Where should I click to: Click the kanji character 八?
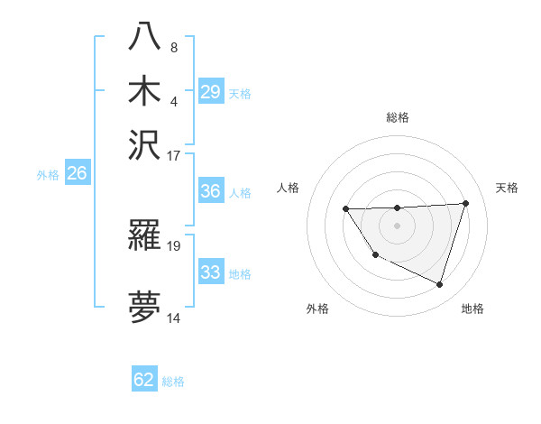(x=145, y=38)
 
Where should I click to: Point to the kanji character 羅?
(x=145, y=237)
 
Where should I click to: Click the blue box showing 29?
(x=211, y=92)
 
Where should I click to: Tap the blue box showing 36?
(x=211, y=191)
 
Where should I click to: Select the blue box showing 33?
(x=211, y=272)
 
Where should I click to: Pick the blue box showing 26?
(x=77, y=173)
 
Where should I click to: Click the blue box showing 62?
(x=144, y=380)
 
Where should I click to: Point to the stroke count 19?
(x=175, y=245)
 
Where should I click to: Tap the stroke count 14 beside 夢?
(x=175, y=318)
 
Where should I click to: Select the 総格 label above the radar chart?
(x=397, y=117)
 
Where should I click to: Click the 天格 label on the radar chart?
(x=507, y=188)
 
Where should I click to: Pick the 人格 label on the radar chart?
(x=289, y=188)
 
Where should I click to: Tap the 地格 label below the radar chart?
(x=472, y=309)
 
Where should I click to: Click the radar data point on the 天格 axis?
(x=465, y=203)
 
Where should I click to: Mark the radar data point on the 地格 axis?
(x=439, y=284)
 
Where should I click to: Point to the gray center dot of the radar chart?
(x=397, y=225)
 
